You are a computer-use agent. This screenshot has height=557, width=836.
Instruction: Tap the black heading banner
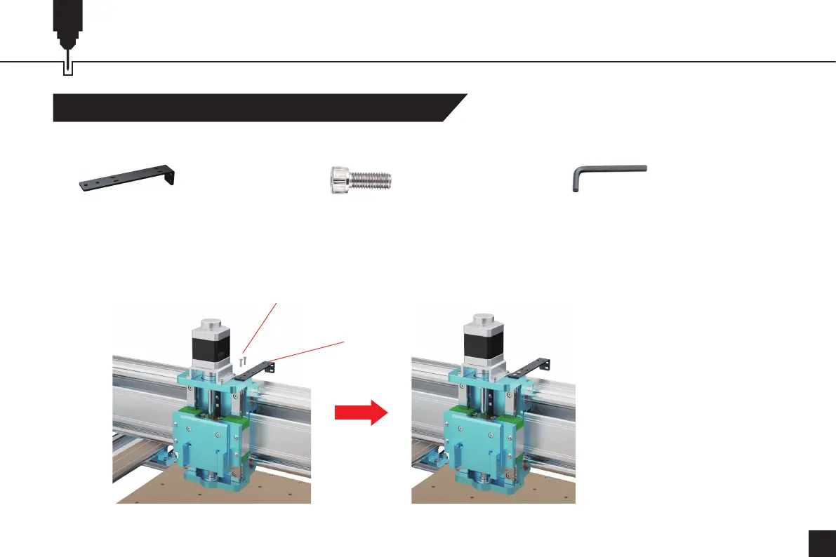point(253,107)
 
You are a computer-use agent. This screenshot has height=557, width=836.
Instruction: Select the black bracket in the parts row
point(126,178)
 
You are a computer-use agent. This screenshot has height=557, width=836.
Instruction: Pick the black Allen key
point(608,178)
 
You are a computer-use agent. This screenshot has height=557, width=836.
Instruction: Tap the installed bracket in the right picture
point(531,369)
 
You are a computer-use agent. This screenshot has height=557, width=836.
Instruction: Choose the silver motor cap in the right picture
point(483,327)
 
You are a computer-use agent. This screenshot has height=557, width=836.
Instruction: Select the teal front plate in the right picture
point(475,449)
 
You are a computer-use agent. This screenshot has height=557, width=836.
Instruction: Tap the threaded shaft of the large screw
point(372,181)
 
